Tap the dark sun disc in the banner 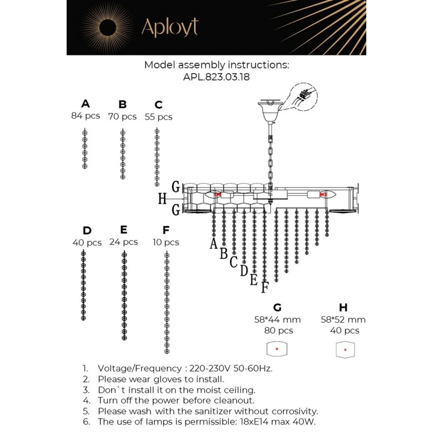(x=108, y=27)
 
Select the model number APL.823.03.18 (x=216, y=77)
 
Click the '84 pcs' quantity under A (x=86, y=116)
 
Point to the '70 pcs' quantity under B (x=122, y=116)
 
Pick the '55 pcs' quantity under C (x=159, y=117)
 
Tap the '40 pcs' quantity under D (x=87, y=243)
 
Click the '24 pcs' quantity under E (x=124, y=242)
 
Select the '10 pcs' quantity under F (x=166, y=242)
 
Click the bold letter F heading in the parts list (x=166, y=230)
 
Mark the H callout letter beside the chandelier (x=162, y=198)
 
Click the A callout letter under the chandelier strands (x=213, y=244)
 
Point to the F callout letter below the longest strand (x=265, y=287)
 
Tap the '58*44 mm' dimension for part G (x=277, y=320)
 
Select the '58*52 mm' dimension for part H (x=343, y=320)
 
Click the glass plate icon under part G (x=277, y=349)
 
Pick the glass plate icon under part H (x=345, y=349)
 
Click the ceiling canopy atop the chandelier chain (x=270, y=110)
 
